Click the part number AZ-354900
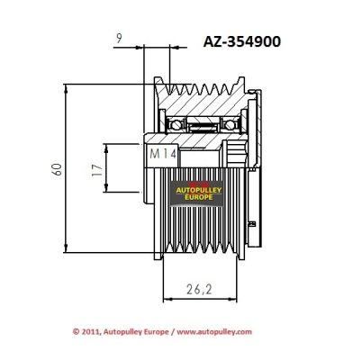242,41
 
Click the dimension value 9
119,39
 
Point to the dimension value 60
57,169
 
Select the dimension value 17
97,170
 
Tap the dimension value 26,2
199,290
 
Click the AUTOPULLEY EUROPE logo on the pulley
198,193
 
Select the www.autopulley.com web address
214,332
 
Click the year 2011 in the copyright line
89,332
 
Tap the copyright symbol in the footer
77,332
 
